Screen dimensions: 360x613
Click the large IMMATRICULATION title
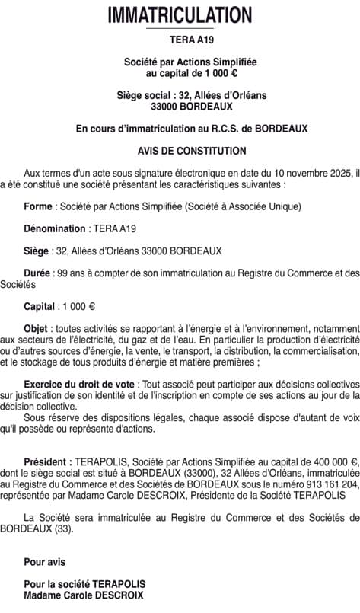click(x=180, y=14)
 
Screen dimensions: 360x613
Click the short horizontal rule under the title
click(x=180, y=29)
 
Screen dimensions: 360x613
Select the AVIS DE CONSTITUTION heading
click(x=181, y=152)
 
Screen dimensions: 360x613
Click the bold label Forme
click(x=37, y=206)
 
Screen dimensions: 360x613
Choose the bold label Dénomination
click(x=55, y=228)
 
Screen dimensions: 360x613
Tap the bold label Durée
click(x=37, y=272)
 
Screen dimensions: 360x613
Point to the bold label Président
click(x=49, y=461)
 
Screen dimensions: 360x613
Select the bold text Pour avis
click(x=45, y=562)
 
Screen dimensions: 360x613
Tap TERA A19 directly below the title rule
click(x=180, y=40)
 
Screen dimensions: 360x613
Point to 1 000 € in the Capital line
click(x=80, y=306)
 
